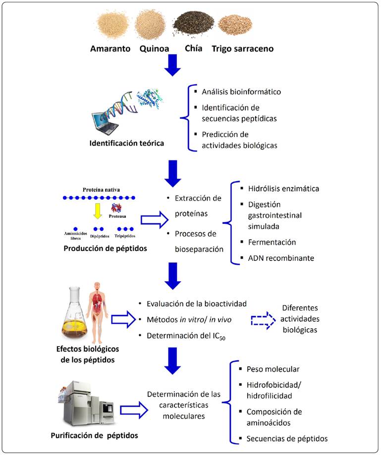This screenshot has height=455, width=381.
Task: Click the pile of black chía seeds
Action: [193, 25]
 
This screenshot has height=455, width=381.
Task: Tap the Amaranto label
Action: [110, 49]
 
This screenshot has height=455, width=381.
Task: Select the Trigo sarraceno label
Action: [242, 49]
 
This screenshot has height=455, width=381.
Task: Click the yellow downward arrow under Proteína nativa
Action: [98, 211]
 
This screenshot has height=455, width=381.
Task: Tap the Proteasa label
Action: [117, 216]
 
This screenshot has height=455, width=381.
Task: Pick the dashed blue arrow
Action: [263, 320]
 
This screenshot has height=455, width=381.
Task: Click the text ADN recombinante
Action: [281, 258]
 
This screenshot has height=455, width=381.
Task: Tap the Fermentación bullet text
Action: [272, 242]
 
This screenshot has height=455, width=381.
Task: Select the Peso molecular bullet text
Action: [273, 369]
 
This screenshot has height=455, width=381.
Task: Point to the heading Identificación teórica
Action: [127, 143]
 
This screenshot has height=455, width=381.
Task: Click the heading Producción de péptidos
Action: [105, 249]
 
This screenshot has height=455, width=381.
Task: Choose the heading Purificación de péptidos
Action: [94, 435]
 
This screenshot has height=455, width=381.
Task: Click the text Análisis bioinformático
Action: [241, 92]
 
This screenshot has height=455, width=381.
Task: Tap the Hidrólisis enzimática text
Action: [283, 189]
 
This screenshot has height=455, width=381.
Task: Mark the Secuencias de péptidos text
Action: [287, 439]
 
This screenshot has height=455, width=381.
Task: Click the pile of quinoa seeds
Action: [151, 24]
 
